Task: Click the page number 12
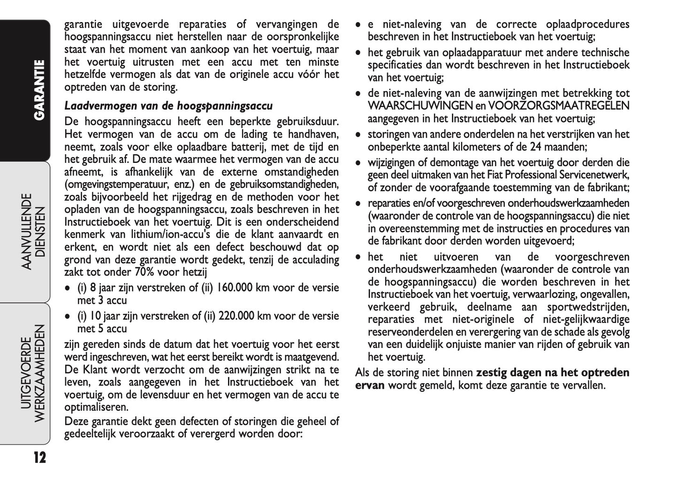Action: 39,457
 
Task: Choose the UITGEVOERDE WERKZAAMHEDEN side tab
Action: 34,373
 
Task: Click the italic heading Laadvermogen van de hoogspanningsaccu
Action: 168,106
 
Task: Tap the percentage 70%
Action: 145,272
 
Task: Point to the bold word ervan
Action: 370,385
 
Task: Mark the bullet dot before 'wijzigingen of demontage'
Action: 358,163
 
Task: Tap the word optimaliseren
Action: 96,407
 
